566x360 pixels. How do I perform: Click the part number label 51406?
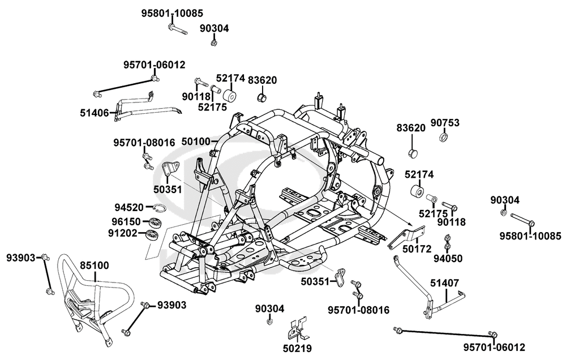click(x=95, y=113)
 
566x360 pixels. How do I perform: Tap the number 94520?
click(x=128, y=207)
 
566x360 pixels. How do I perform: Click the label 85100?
click(x=95, y=264)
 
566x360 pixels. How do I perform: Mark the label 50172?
click(x=417, y=248)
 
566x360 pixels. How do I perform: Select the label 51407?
click(x=444, y=282)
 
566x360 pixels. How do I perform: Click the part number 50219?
click(x=298, y=348)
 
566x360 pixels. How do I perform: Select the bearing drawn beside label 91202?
click(x=152, y=234)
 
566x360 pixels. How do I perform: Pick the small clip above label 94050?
click(x=447, y=245)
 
